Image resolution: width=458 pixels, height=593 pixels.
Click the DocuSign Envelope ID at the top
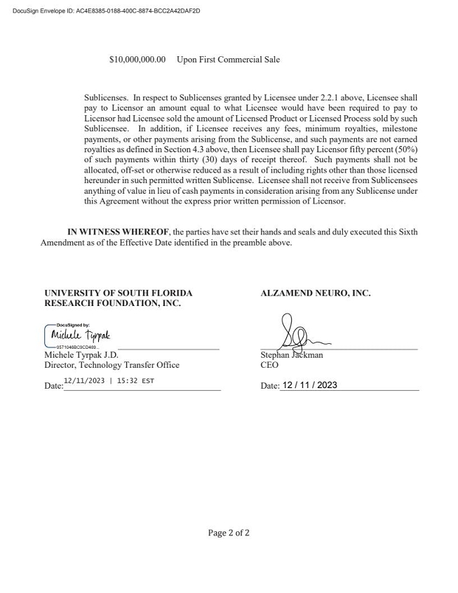tap(106, 11)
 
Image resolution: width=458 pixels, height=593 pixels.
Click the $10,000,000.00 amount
tap(137, 60)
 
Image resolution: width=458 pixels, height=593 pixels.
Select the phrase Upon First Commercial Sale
tap(228, 60)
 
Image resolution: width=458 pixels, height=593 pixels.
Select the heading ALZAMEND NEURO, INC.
tap(315, 293)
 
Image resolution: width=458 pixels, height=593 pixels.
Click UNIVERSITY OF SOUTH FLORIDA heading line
tap(118, 293)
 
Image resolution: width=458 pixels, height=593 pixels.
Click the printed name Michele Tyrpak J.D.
tap(81, 355)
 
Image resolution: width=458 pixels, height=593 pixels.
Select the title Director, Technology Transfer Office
tap(112, 365)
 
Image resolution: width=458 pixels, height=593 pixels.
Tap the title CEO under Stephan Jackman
tap(269, 365)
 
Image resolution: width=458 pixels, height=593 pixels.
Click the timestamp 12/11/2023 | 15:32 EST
tap(109, 381)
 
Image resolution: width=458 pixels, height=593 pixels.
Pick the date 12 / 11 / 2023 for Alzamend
tap(309, 385)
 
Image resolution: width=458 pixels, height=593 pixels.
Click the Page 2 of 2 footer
tap(229, 533)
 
